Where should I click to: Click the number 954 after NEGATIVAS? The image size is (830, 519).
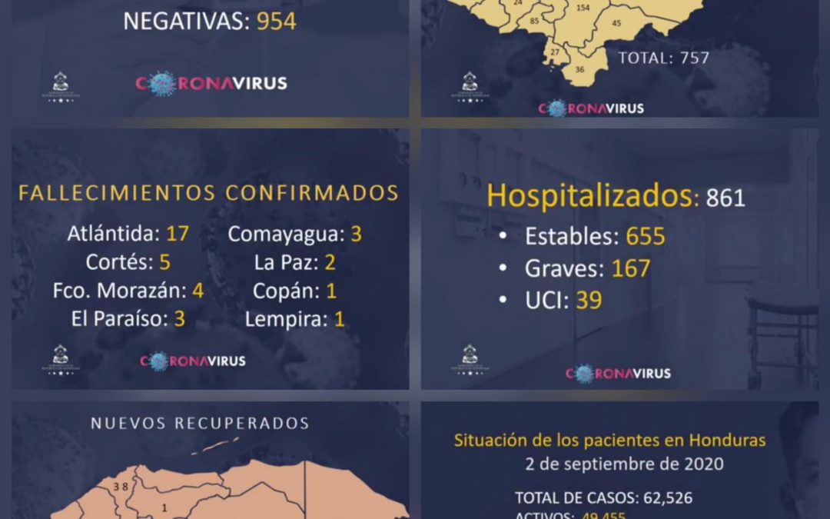(276, 22)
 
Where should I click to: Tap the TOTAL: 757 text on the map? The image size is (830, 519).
(663, 58)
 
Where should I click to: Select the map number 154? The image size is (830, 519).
(583, 8)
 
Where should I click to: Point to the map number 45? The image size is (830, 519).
(616, 23)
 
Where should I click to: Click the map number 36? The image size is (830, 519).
(579, 69)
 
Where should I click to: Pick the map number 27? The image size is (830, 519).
(554, 52)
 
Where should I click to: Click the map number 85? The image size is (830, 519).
(534, 21)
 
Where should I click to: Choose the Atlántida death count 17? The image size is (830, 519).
(178, 234)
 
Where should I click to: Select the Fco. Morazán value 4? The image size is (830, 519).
(198, 291)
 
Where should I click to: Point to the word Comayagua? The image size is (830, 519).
(285, 234)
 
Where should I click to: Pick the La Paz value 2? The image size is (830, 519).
(330, 262)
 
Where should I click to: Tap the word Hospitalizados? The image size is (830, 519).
(589, 195)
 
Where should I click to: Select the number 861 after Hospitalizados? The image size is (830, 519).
(725, 198)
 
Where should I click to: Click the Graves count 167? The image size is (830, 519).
(631, 268)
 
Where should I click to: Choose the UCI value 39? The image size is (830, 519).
(589, 300)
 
